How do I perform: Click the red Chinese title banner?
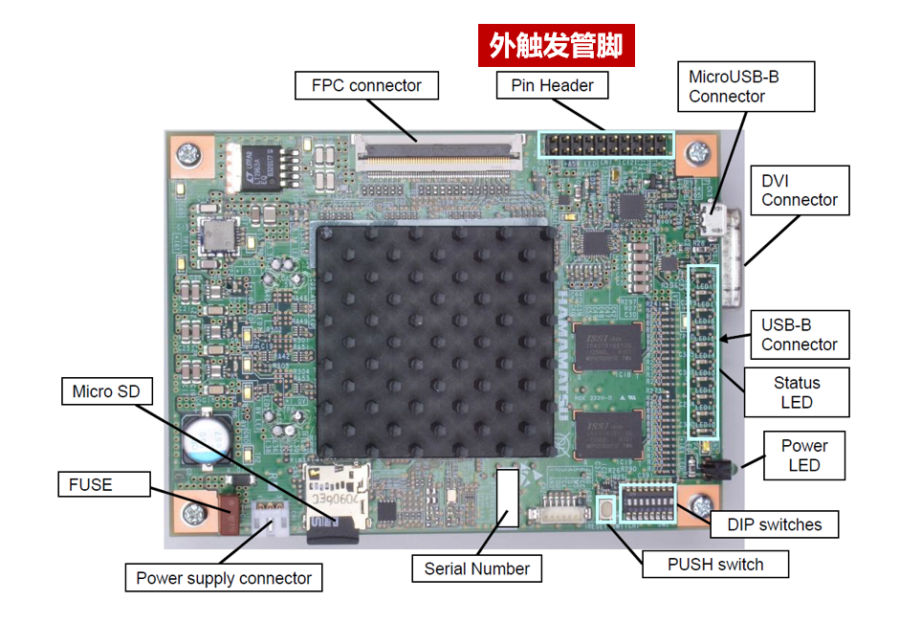[556, 46]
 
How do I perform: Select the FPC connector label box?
[366, 86]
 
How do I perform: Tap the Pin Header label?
[552, 86]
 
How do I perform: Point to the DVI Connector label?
[800, 190]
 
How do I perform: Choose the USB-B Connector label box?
[800, 335]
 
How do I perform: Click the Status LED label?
[797, 392]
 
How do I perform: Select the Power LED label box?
[803, 455]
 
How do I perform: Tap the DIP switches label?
[775, 524]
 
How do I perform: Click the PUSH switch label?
[715, 565]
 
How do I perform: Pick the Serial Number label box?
[476, 568]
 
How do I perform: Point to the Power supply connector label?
[224, 578]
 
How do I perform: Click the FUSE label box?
[91, 485]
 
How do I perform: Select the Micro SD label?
[106, 391]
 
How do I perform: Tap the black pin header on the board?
[605, 146]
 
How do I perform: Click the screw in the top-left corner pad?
[189, 153]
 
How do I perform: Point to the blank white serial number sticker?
[508, 497]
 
